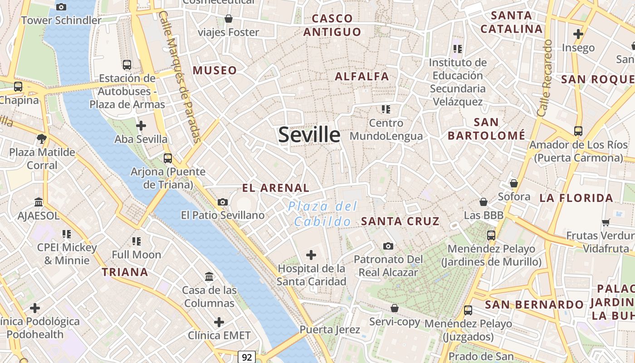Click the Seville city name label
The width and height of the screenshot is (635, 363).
pyautogui.click(x=309, y=135)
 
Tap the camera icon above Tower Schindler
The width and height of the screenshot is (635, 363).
pyautogui.click(x=61, y=7)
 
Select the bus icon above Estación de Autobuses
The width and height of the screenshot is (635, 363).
pyautogui.click(x=127, y=64)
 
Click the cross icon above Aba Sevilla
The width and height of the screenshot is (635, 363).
pyautogui.click(x=141, y=125)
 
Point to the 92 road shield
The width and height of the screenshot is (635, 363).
pyautogui.click(x=247, y=357)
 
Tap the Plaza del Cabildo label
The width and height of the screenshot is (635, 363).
pyautogui.click(x=322, y=214)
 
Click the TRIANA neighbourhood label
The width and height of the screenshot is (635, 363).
pyautogui.click(x=125, y=272)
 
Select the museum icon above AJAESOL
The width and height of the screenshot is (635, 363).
pyautogui.click(x=39, y=202)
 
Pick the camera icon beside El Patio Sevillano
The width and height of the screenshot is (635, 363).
pyautogui.click(x=223, y=202)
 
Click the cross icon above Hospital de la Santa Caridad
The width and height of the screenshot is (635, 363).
pyautogui.click(x=311, y=255)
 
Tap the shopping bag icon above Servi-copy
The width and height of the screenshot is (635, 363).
pyautogui.click(x=395, y=308)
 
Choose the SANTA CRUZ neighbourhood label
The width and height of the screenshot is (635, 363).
pyautogui.click(x=400, y=221)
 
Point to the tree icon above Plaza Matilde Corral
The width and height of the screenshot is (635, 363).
pyautogui.click(x=42, y=138)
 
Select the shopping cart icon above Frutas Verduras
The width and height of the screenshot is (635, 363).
pyautogui.click(x=606, y=222)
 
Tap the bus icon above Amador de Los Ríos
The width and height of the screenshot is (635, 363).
pyautogui.click(x=578, y=131)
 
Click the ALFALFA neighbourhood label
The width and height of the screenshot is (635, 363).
pyautogui.click(x=362, y=76)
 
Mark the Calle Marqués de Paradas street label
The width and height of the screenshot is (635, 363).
pyautogui.click(x=181, y=77)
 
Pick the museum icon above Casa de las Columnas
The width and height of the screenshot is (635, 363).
pyautogui.click(x=209, y=276)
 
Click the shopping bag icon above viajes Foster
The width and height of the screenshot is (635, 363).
pyautogui.click(x=229, y=19)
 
